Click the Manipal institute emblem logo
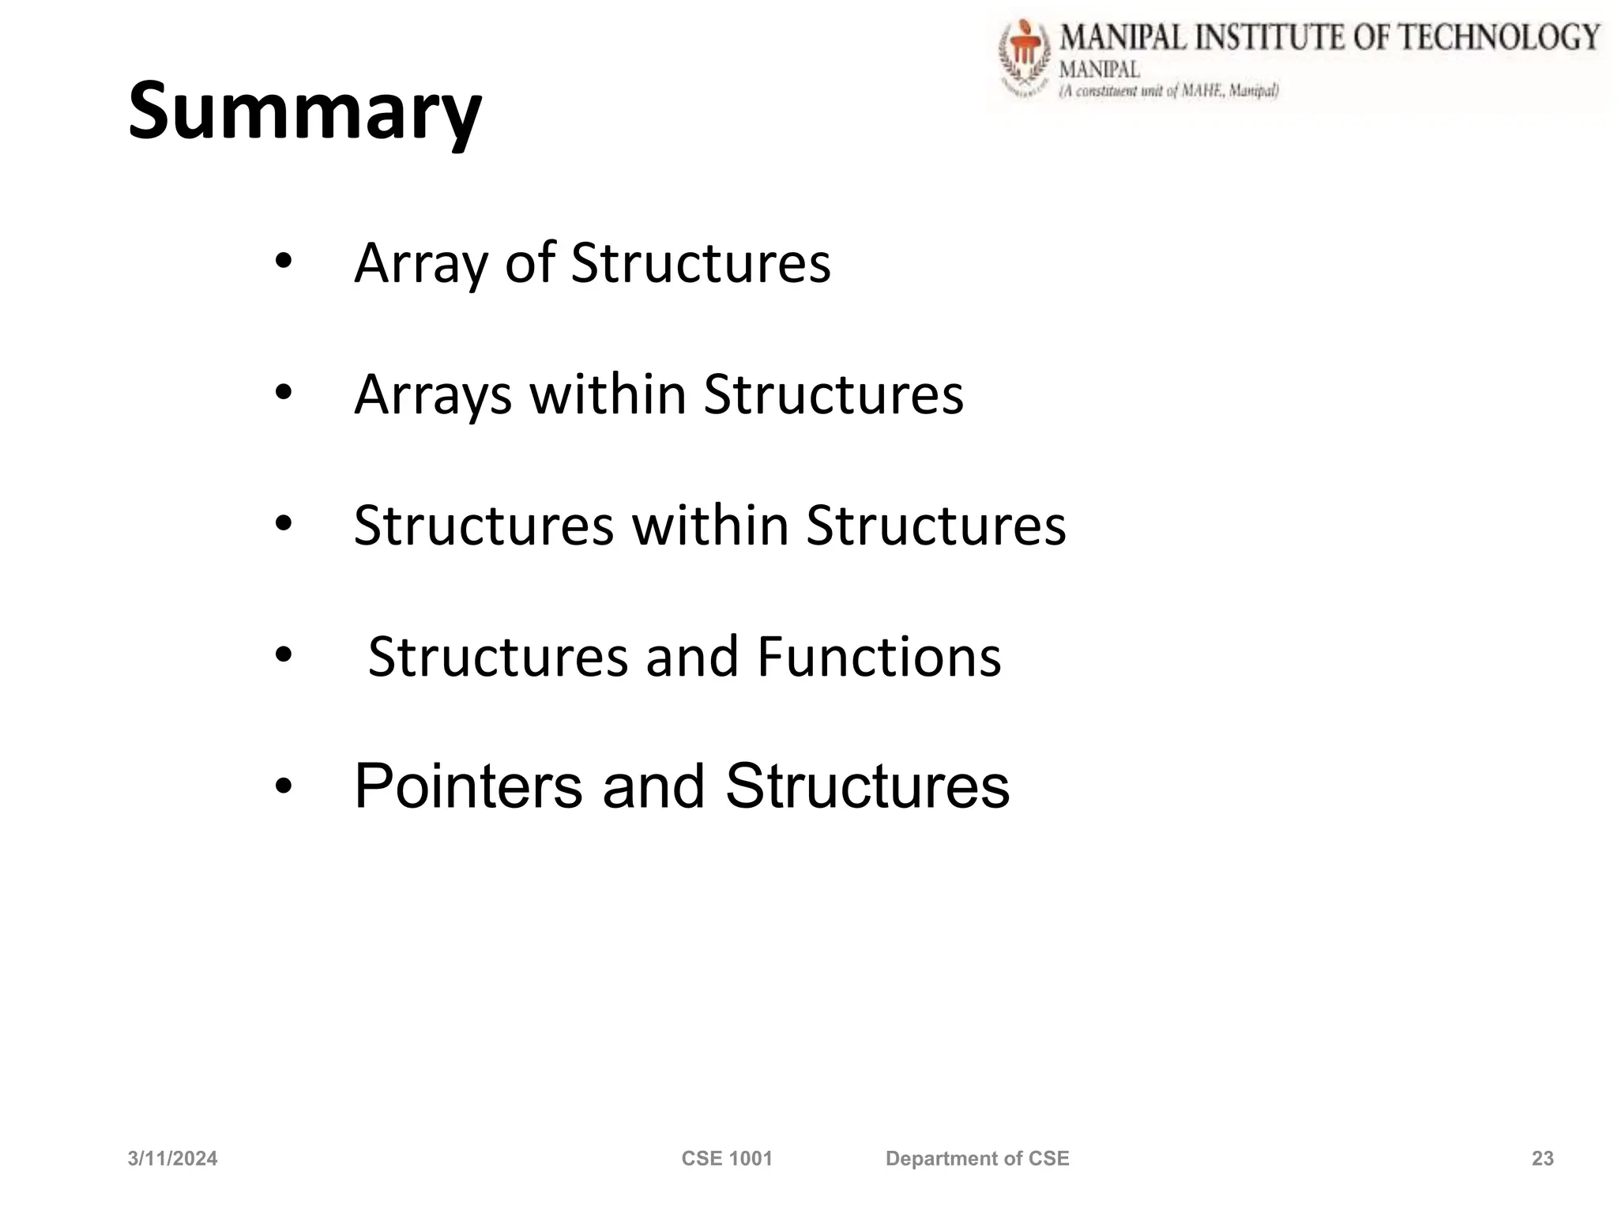click(1025, 59)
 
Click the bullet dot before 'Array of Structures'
click(284, 261)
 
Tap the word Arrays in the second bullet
click(433, 395)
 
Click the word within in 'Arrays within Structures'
click(607, 394)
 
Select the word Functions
click(879, 657)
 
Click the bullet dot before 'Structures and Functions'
click(284, 654)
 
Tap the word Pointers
click(468, 786)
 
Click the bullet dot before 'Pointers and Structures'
click(284, 787)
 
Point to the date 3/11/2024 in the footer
click(172, 1159)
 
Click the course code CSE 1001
click(726, 1159)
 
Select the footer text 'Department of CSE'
click(977, 1159)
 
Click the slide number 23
click(1542, 1159)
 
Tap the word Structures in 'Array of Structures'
click(700, 262)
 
